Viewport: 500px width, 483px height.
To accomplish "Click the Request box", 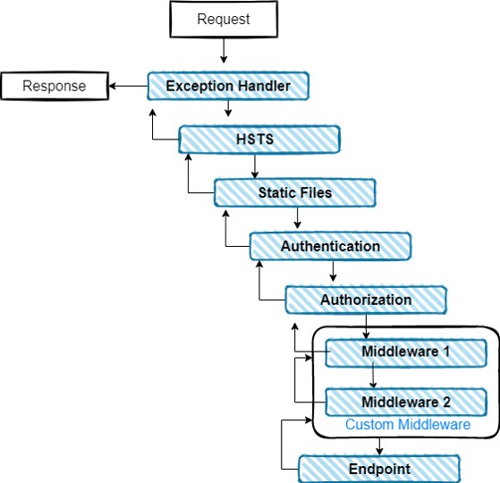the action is click(224, 19).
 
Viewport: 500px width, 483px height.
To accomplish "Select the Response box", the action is click(55, 86).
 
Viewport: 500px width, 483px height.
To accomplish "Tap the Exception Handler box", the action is click(228, 86).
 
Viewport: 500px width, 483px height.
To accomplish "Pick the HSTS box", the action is click(259, 140).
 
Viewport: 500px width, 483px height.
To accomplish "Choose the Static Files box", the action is click(294, 193).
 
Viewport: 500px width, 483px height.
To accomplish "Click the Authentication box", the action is click(330, 247).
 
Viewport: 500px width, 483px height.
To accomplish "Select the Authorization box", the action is click(366, 300).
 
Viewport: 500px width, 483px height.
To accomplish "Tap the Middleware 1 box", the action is click(406, 353).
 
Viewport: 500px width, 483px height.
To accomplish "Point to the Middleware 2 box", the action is click(406, 402).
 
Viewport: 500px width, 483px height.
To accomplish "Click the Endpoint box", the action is click(379, 469).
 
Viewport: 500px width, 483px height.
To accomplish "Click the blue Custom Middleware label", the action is click(408, 425).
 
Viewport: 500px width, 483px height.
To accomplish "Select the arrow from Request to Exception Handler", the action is click(224, 50).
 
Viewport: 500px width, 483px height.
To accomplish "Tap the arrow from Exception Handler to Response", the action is click(128, 86).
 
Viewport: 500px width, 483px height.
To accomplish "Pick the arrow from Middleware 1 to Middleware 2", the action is click(373, 375).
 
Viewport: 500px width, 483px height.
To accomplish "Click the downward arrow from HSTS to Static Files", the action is click(254, 166).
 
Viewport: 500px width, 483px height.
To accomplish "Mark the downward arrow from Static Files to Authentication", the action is click(297, 218).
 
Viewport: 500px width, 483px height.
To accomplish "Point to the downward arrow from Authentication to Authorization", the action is click(333, 271).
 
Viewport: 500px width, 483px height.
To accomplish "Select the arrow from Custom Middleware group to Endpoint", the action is click(379, 446).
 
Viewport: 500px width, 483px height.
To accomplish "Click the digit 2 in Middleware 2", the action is click(446, 402).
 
